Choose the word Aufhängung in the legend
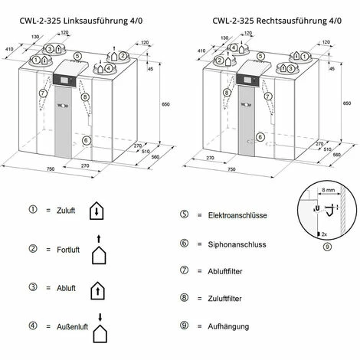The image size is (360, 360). click(x=229, y=326)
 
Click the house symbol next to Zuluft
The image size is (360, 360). click(x=97, y=210)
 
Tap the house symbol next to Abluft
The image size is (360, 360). click(x=97, y=290)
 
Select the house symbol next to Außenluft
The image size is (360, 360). click(x=98, y=331)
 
